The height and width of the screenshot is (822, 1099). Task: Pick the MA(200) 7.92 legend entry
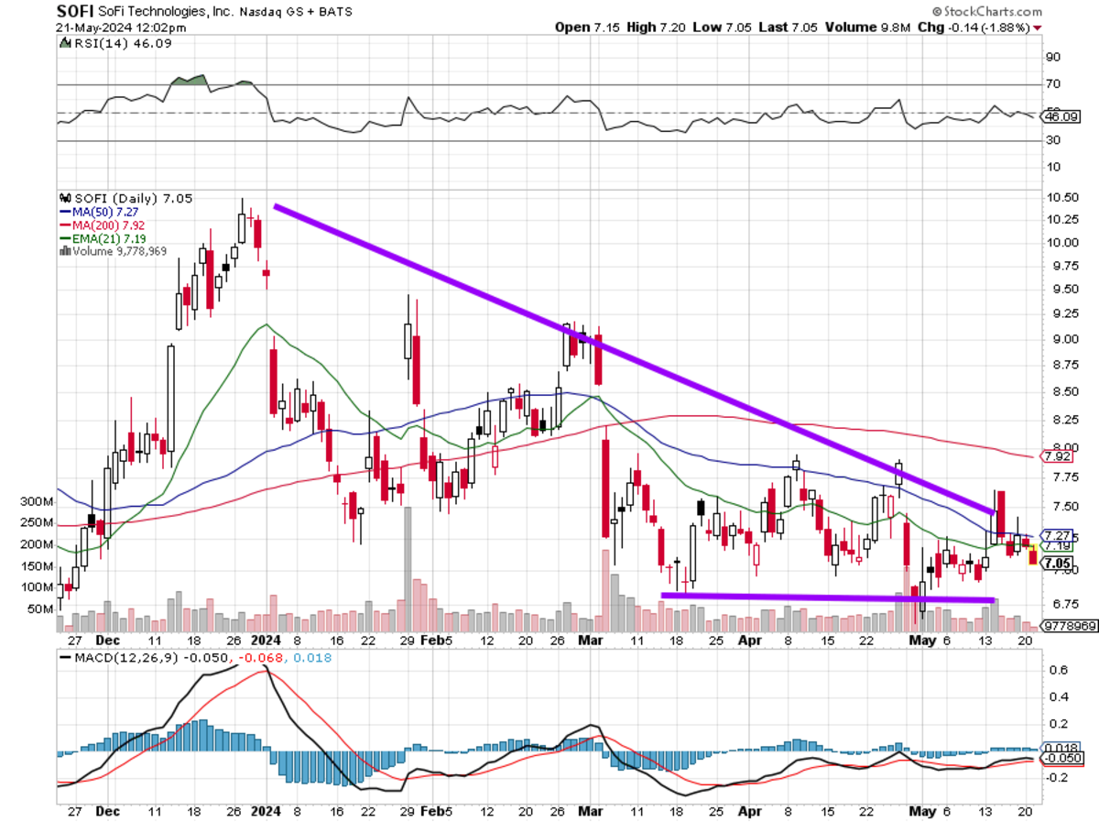tap(96, 225)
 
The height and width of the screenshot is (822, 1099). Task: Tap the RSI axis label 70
tap(1052, 84)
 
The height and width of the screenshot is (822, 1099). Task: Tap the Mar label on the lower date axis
tap(592, 810)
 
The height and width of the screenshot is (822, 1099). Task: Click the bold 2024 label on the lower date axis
tap(266, 810)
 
